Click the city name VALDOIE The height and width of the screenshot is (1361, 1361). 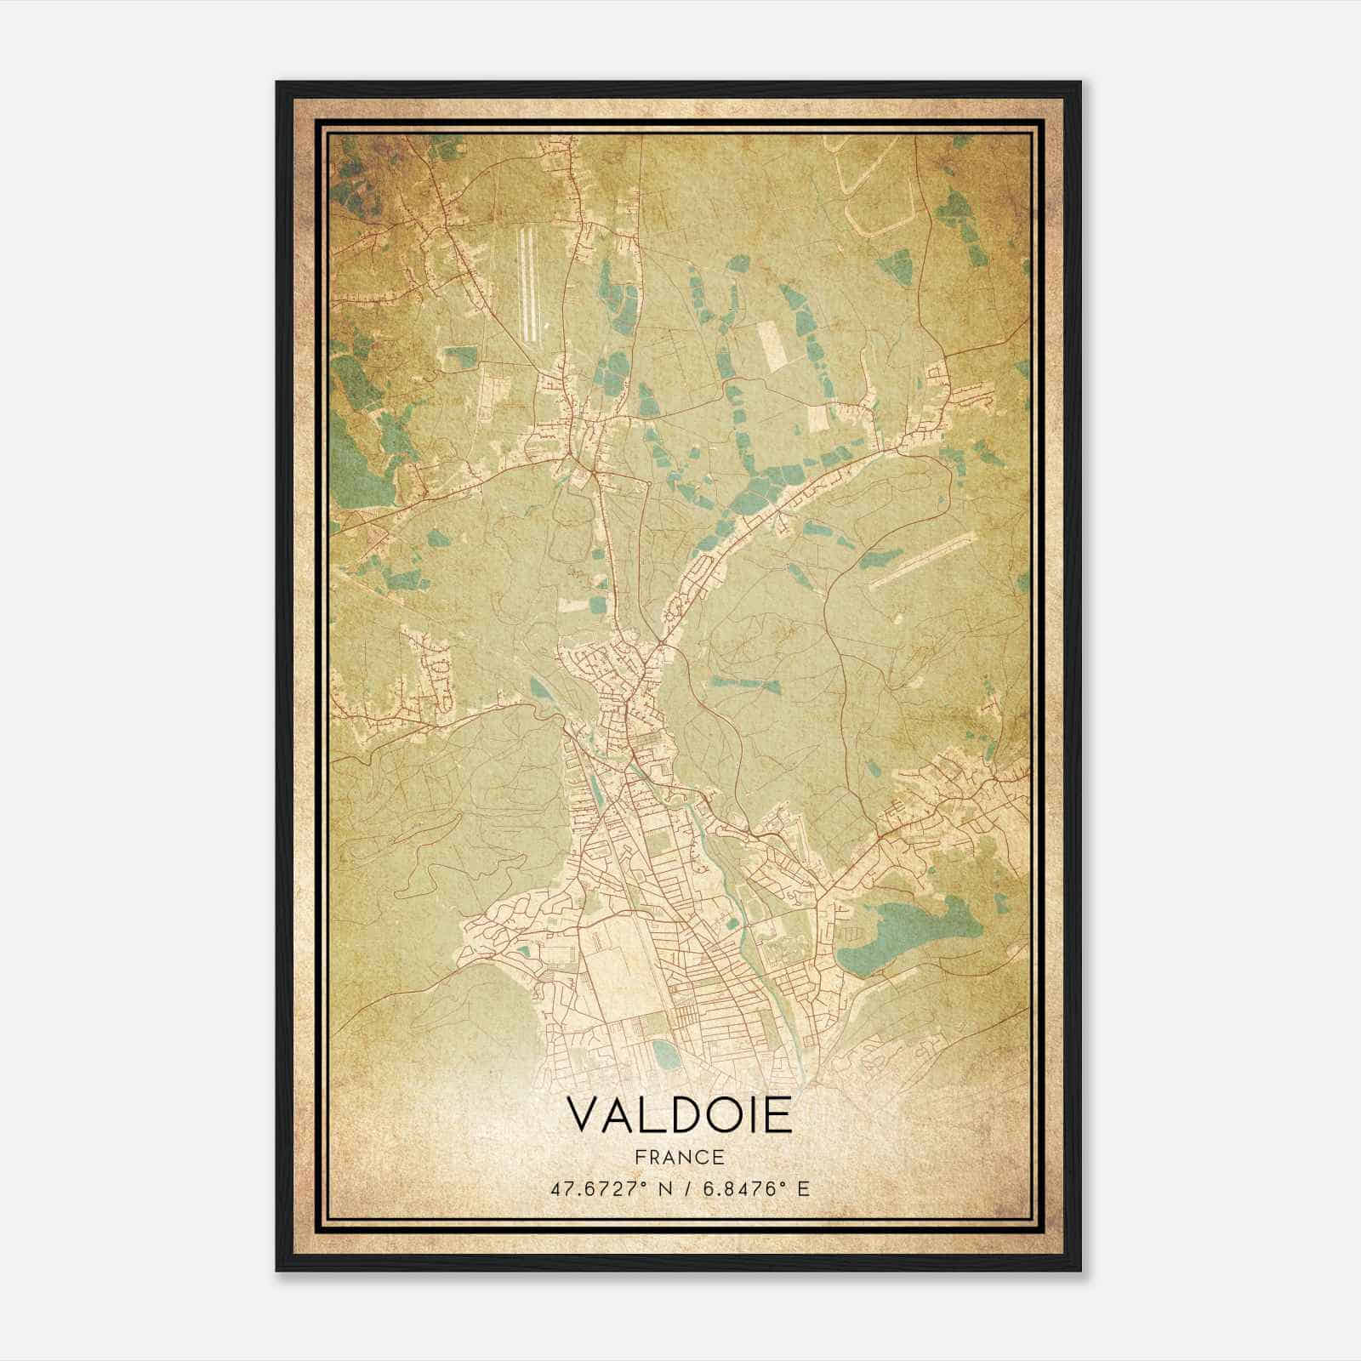click(x=679, y=1114)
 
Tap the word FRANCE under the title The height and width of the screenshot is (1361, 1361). click(x=678, y=1157)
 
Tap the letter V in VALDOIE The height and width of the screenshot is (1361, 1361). click(x=583, y=1114)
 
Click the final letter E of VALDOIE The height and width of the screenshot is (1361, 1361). click(x=777, y=1114)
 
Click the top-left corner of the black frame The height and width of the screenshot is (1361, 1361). click(x=278, y=83)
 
